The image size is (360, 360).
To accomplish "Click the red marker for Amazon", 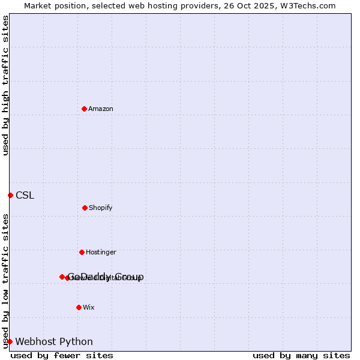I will tap(84, 109).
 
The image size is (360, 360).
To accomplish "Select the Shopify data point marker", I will tap(85, 208).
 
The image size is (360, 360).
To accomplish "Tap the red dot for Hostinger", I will tap(82, 252).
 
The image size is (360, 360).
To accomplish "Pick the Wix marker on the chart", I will tap(79, 307).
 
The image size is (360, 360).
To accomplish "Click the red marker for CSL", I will tap(10, 195).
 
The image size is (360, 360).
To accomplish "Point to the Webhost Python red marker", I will tap(10, 341).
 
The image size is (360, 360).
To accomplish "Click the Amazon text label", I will tap(101, 109).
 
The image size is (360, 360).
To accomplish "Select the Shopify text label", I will tap(101, 208).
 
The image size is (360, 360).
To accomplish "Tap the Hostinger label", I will tap(101, 252).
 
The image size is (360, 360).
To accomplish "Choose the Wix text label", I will tap(89, 307).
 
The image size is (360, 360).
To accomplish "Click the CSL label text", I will tap(25, 195).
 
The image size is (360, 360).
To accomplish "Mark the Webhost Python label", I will tap(54, 341).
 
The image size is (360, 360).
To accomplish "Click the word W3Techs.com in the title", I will tap(308, 5).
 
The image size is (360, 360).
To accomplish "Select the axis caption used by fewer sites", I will tap(62, 355).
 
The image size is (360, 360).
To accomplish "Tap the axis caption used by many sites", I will tap(301, 355).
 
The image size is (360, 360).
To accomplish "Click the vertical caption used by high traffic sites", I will tap(5, 85).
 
